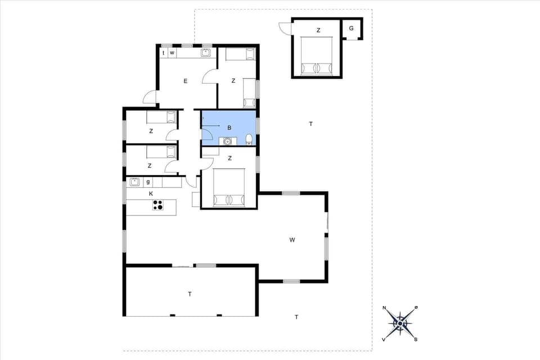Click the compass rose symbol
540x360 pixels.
400,323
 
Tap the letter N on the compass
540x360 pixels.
384,308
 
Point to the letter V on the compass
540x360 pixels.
384,339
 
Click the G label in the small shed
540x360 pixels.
352,28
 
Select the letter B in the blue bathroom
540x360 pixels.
229,128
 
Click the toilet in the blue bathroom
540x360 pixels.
249,139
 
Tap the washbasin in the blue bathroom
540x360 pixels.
227,141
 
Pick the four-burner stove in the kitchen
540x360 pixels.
158,205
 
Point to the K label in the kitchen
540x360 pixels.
151,193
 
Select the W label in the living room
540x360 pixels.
292,240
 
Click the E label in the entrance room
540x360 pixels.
185,81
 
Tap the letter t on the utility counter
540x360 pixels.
164,53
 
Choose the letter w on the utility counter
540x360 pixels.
172,53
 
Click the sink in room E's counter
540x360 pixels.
206,53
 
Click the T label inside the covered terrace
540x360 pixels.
190,294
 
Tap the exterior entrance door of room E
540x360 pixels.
150,98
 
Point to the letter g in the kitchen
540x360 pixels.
148,182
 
